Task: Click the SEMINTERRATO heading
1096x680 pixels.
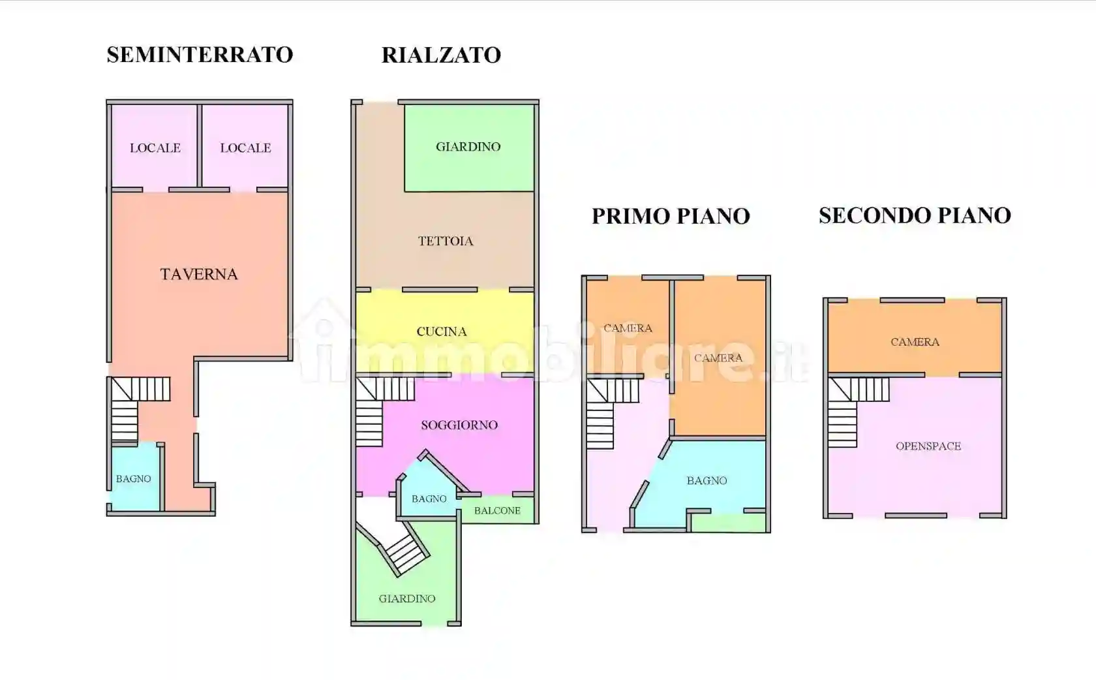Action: point(200,55)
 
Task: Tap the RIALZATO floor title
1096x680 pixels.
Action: point(441,55)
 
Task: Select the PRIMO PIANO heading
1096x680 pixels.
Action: point(671,216)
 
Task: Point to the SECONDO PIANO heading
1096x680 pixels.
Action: point(915,215)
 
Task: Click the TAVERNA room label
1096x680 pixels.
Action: point(199,274)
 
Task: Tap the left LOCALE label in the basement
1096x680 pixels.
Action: point(155,148)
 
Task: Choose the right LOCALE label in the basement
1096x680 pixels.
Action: point(245,148)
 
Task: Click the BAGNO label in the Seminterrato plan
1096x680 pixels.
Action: point(133,479)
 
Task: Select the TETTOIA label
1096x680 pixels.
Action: point(446,241)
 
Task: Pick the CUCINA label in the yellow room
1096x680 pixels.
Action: point(442,332)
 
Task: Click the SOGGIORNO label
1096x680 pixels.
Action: point(459,425)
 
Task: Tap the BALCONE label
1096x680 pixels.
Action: point(497,510)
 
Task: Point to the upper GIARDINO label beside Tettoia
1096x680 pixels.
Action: point(468,147)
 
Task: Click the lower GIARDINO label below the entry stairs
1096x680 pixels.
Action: point(407,598)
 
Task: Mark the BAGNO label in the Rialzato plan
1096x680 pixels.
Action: point(429,499)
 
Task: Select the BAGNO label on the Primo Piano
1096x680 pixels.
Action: point(707,481)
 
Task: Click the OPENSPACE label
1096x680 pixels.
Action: point(928,446)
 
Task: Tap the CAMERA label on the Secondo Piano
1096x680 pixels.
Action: point(915,342)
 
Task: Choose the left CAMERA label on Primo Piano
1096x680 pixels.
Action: point(628,328)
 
